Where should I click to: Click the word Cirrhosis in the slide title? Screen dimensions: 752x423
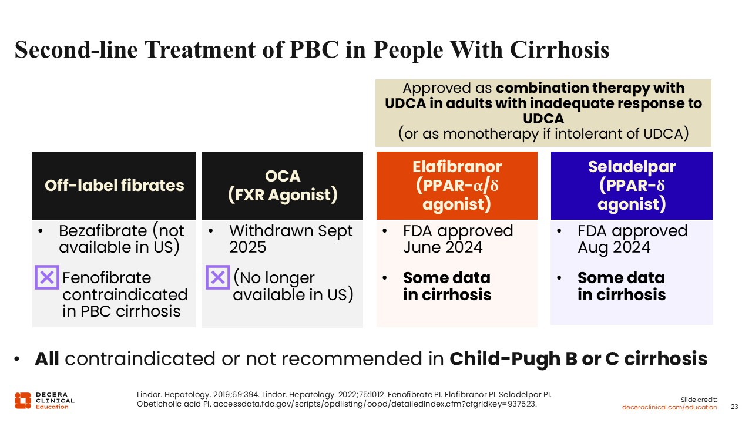559,50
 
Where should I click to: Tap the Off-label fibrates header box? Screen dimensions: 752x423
114,185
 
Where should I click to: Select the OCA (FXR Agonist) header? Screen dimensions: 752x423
283,185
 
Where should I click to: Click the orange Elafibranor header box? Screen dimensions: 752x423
457,185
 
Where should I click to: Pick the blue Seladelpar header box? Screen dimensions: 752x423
632,185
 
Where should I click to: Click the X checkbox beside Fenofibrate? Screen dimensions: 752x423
47,277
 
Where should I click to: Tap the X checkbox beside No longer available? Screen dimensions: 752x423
218,277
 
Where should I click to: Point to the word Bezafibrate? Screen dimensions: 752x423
103,231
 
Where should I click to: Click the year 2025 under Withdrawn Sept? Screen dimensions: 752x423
247,247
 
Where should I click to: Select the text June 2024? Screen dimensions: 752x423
443,248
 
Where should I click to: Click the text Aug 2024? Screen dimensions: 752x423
614,248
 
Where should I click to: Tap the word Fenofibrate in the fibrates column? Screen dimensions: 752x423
107,278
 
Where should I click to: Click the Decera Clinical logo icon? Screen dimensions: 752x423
23,401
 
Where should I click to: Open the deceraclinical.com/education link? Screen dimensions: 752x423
669,407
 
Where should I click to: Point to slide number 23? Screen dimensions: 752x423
734,407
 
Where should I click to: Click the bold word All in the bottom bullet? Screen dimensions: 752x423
47,358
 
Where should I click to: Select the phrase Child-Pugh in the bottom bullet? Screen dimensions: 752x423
505,359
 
